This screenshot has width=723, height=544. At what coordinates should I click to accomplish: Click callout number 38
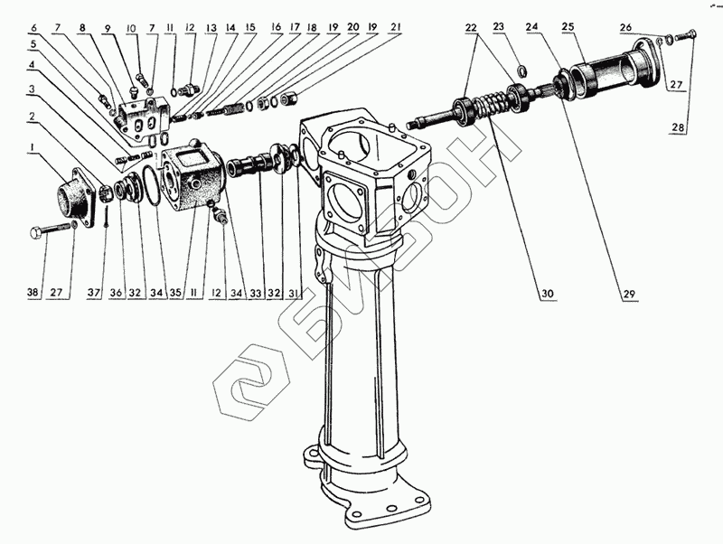33,292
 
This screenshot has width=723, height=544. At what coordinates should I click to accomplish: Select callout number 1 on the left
33,146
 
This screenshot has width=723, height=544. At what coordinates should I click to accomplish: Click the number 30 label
546,292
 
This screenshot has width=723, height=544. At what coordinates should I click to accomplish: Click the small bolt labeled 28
688,35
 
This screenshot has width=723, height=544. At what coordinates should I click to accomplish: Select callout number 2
33,117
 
